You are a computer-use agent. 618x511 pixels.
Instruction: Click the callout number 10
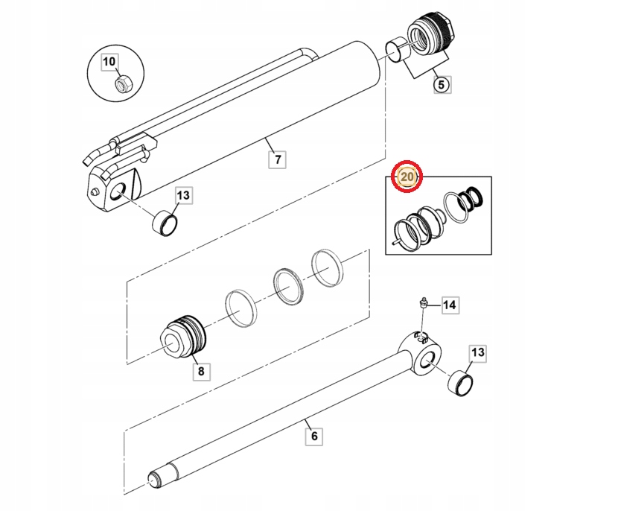tap(109, 60)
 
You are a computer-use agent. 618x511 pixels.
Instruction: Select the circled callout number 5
tap(441, 84)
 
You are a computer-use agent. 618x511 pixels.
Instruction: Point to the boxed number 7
tap(278, 159)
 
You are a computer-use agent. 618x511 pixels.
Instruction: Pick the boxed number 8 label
tap(200, 370)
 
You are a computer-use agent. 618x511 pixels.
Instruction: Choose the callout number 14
tap(449, 305)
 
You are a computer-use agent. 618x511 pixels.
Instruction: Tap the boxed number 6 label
tap(313, 436)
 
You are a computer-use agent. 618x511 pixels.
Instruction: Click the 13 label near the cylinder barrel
tap(183, 196)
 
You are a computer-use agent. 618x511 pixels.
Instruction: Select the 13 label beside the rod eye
tap(477, 352)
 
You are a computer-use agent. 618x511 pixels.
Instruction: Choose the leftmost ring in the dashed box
tap(239, 306)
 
